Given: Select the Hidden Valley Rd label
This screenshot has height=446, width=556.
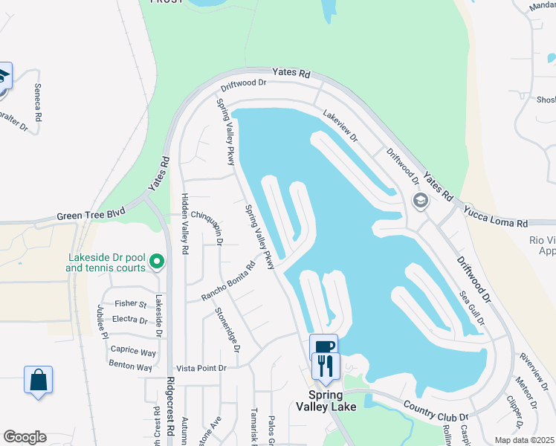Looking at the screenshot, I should click(x=185, y=224).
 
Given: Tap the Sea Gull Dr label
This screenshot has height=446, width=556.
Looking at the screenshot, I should click(x=471, y=308).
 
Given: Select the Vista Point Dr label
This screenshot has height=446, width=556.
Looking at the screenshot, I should click(x=201, y=368).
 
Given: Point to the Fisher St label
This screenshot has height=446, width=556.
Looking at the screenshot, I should click(x=131, y=303).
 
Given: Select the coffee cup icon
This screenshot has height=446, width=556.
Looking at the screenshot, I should click(x=323, y=347).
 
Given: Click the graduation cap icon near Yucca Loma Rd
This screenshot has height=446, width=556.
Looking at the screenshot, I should click(x=420, y=200).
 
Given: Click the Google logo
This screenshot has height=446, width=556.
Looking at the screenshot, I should click(x=25, y=437).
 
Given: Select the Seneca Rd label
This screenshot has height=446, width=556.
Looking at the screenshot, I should click(x=38, y=102).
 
